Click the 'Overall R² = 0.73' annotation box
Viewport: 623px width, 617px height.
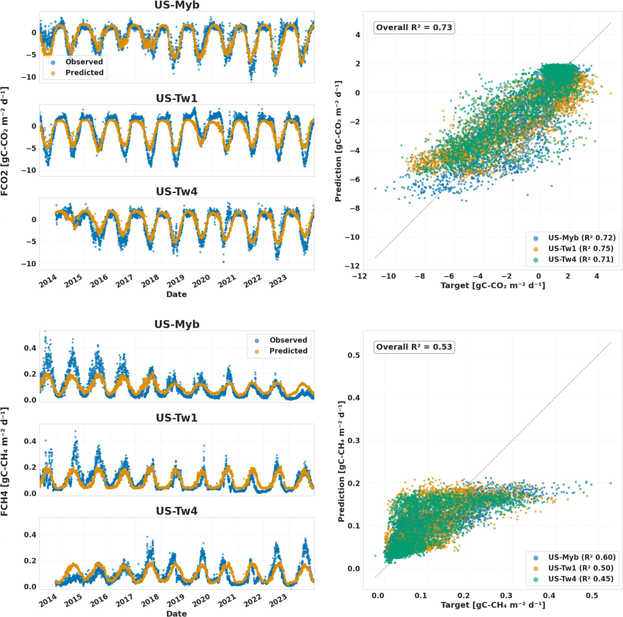(414, 28)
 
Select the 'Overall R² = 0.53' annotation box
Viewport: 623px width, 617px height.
(414, 347)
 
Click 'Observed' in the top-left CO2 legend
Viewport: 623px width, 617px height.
(84, 62)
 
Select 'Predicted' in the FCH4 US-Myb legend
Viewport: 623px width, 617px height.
(288, 351)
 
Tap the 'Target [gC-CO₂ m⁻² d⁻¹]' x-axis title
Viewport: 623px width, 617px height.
(493, 285)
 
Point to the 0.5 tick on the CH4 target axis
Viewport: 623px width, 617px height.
(592, 596)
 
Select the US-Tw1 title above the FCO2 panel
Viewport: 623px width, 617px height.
(177, 98)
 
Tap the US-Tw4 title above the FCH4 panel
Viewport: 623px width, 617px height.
(177, 511)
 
